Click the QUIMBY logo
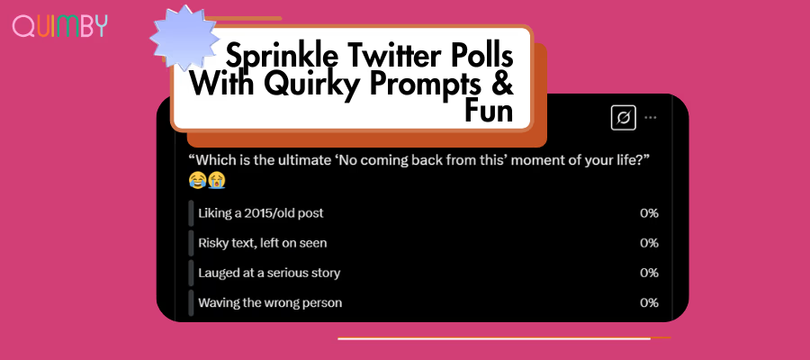[x=60, y=26]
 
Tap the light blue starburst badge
[x=184, y=38]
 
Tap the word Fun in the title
[x=489, y=111]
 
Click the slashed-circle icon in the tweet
[x=624, y=118]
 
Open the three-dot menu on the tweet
[x=651, y=118]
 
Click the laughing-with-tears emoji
[x=197, y=181]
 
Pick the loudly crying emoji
[x=216, y=181]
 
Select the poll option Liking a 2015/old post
[x=261, y=212]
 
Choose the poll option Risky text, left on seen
[x=263, y=243]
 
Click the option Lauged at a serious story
[x=269, y=273]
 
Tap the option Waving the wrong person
[x=270, y=302]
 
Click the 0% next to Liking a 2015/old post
[x=649, y=212]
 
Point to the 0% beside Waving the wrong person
[x=649, y=302]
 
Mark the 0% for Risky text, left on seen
[x=649, y=243]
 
